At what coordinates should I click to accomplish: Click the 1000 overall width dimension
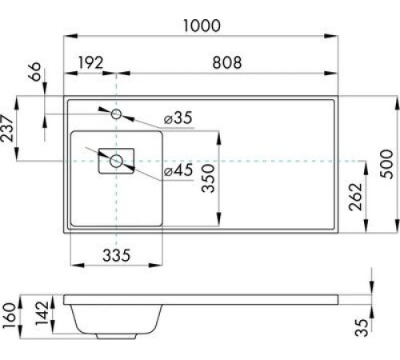(x=200, y=26)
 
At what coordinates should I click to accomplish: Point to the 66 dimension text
(x=34, y=78)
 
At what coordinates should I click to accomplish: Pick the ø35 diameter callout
(x=178, y=118)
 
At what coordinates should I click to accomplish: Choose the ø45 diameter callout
(x=178, y=170)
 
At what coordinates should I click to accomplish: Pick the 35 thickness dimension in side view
(x=363, y=326)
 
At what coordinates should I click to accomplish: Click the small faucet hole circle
(x=117, y=114)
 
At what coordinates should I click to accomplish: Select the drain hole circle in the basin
(x=117, y=161)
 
